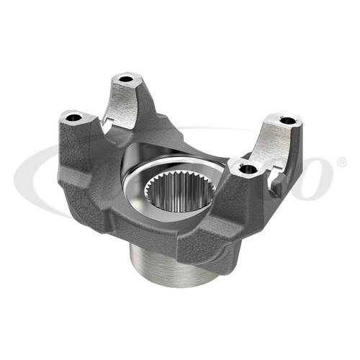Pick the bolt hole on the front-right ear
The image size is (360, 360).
pos(247,168)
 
